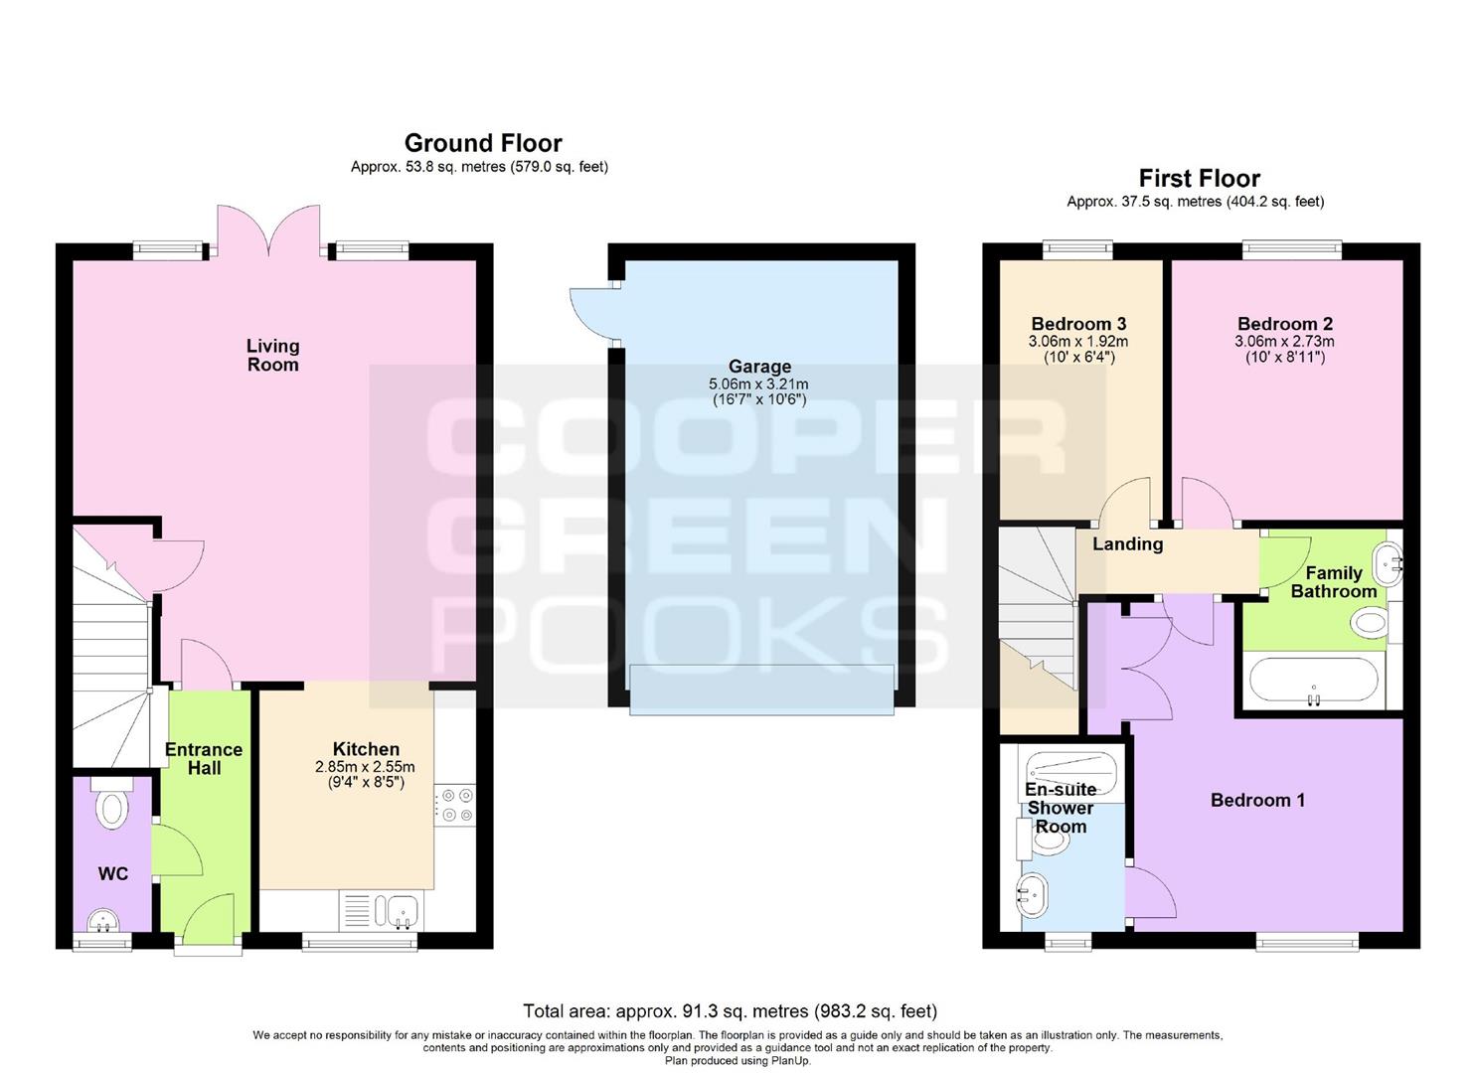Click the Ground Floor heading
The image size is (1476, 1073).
click(x=483, y=143)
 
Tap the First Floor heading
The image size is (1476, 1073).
click(x=1200, y=178)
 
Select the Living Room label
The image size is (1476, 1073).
click(x=272, y=355)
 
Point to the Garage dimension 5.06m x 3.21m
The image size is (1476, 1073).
click(x=758, y=384)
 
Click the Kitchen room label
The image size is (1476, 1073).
click(x=366, y=749)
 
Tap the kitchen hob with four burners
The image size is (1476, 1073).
click(x=454, y=805)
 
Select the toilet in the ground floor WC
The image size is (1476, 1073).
click(x=111, y=803)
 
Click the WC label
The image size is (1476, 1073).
click(x=112, y=874)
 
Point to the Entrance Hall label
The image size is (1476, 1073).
click(x=204, y=759)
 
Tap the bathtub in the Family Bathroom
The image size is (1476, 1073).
click(x=1313, y=682)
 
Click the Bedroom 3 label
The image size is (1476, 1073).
click(x=1078, y=324)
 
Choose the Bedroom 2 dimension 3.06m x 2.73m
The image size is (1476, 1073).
click(x=1284, y=341)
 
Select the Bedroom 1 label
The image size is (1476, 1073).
click(x=1257, y=801)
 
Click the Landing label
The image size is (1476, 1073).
click(x=1127, y=544)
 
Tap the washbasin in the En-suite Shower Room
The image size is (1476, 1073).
click(x=1033, y=896)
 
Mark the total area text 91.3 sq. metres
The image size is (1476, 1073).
click(x=732, y=1011)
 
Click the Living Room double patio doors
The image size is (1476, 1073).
click(x=268, y=230)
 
